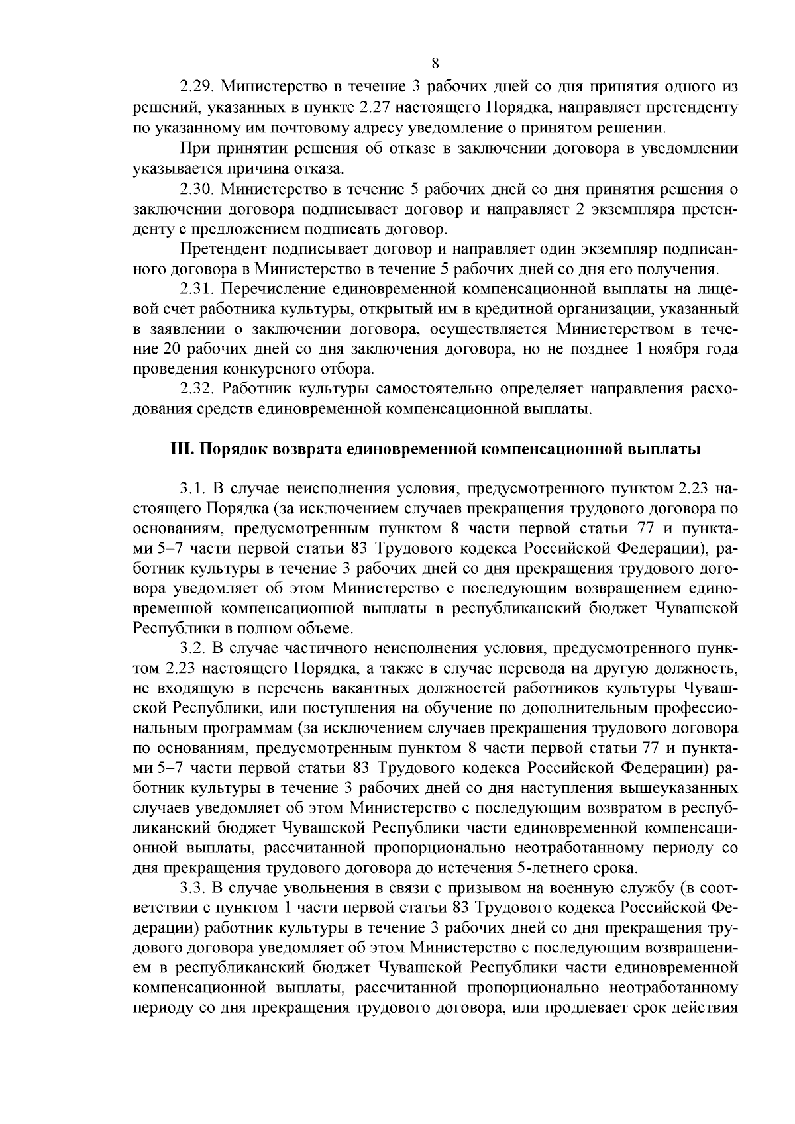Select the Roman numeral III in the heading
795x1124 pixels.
pyautogui.click(x=181, y=449)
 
